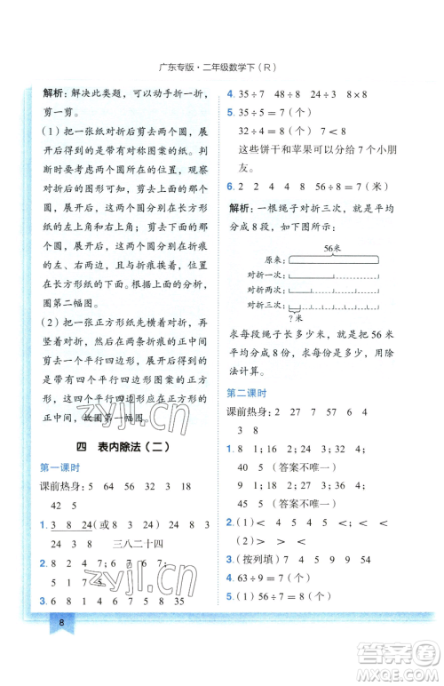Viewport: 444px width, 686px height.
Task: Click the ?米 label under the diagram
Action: [295, 318]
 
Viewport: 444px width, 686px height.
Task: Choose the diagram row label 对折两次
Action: [266, 291]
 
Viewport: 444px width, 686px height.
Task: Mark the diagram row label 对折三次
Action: [266, 306]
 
